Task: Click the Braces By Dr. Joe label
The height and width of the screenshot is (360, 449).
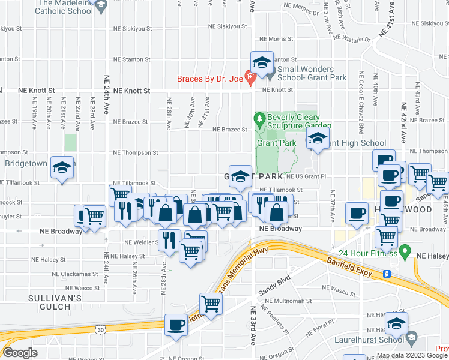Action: point(209,79)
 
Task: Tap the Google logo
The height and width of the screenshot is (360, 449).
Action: point(20,353)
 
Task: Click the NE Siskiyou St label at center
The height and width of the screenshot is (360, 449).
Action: point(228,28)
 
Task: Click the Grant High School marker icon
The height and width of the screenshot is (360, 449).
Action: point(317,140)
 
